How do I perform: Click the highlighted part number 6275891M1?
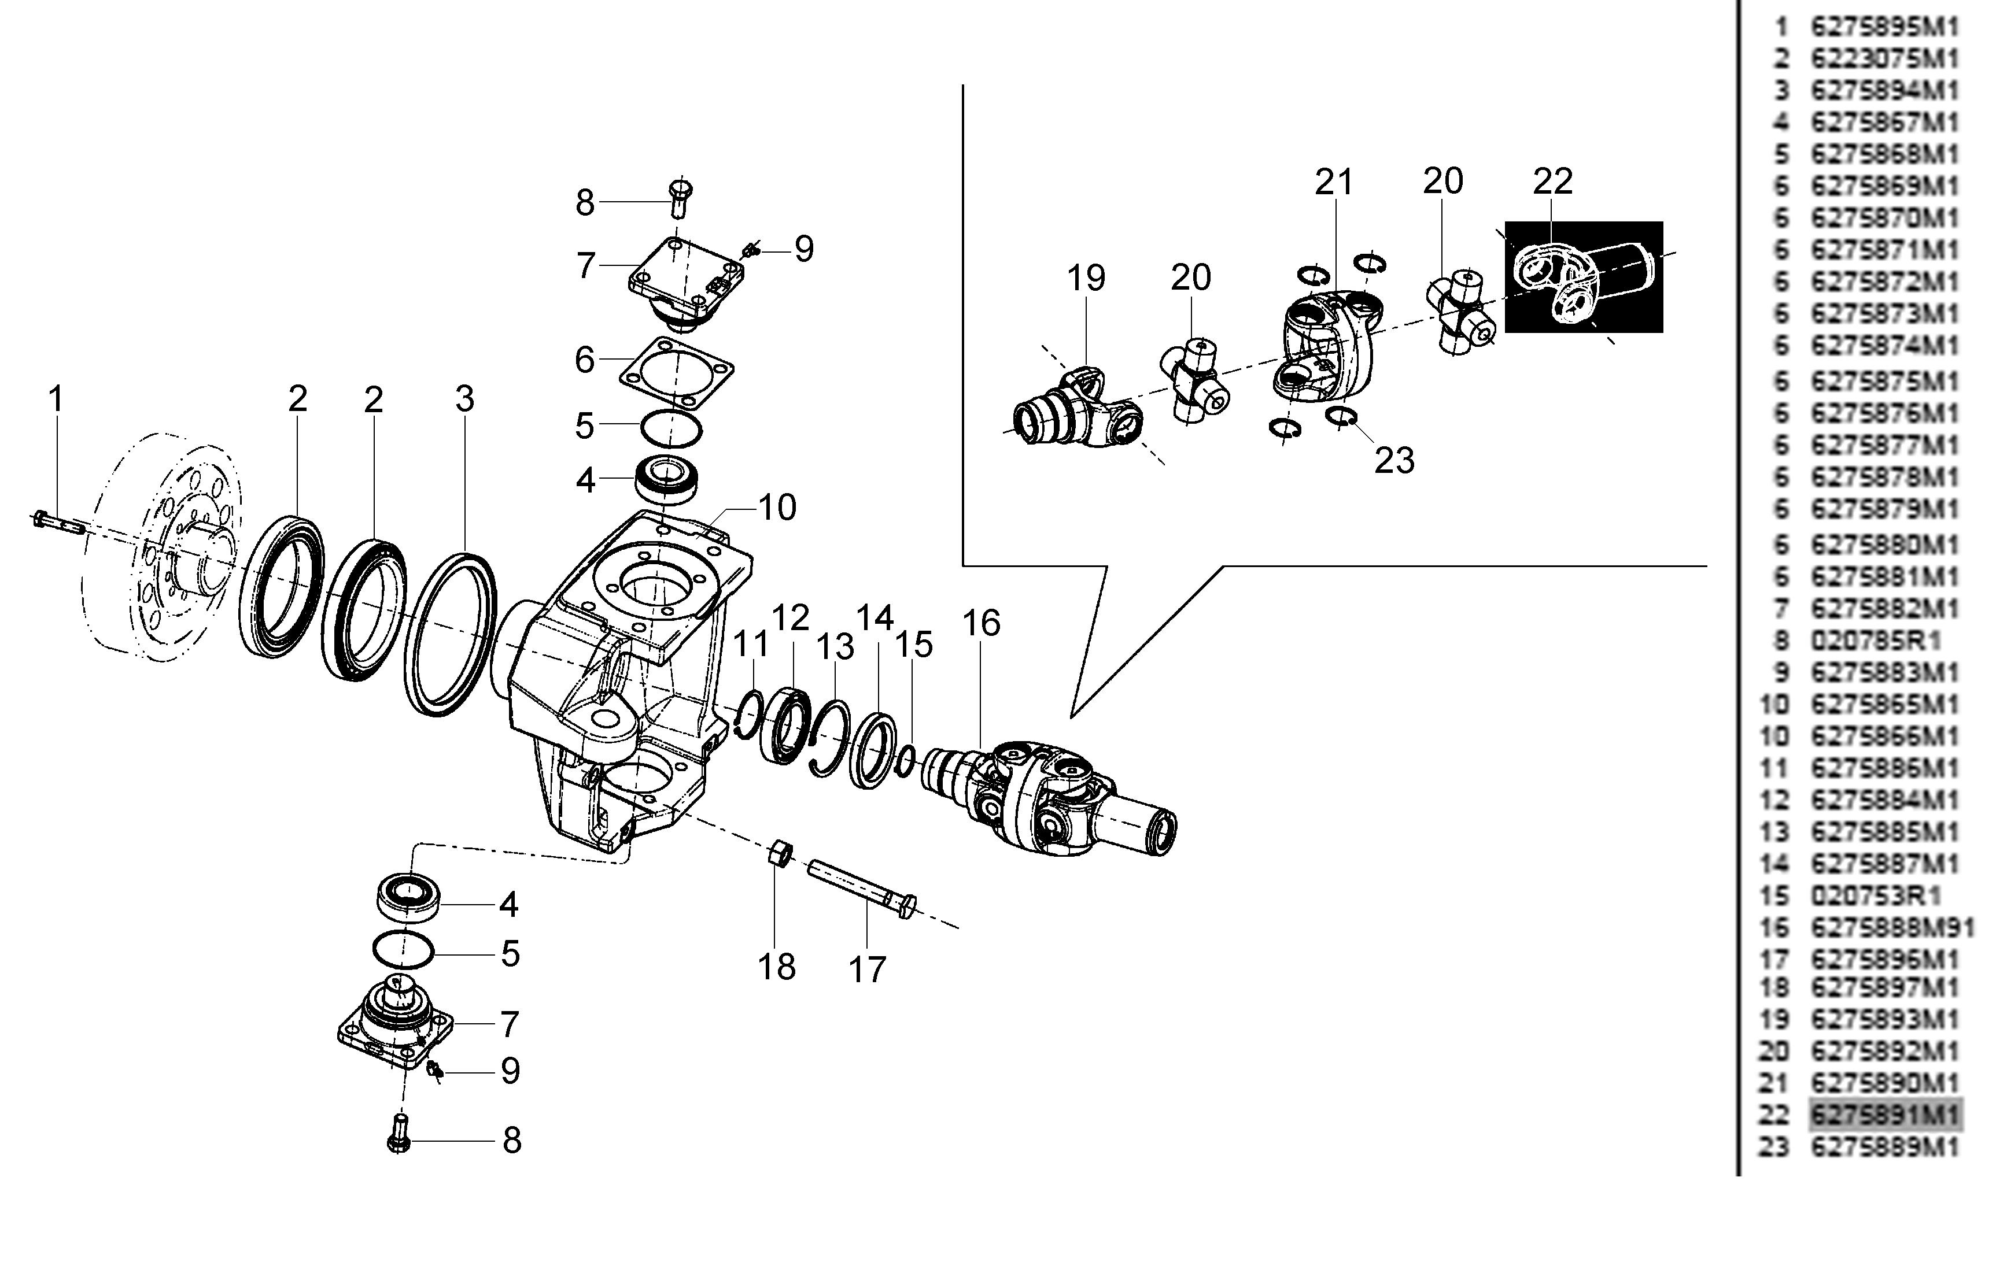click(x=1885, y=1115)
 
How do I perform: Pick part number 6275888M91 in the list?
click(x=1891, y=927)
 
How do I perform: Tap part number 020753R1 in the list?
click(x=1876, y=895)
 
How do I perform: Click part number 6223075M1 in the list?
click(x=1885, y=59)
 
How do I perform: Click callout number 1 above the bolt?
click(x=56, y=399)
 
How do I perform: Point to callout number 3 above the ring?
click(x=464, y=399)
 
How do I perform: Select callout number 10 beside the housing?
click(x=777, y=508)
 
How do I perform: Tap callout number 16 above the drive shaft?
click(x=982, y=623)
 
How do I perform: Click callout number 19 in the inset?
click(x=1086, y=278)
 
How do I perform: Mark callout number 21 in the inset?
click(x=1334, y=182)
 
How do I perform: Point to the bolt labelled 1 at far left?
click(x=58, y=523)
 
